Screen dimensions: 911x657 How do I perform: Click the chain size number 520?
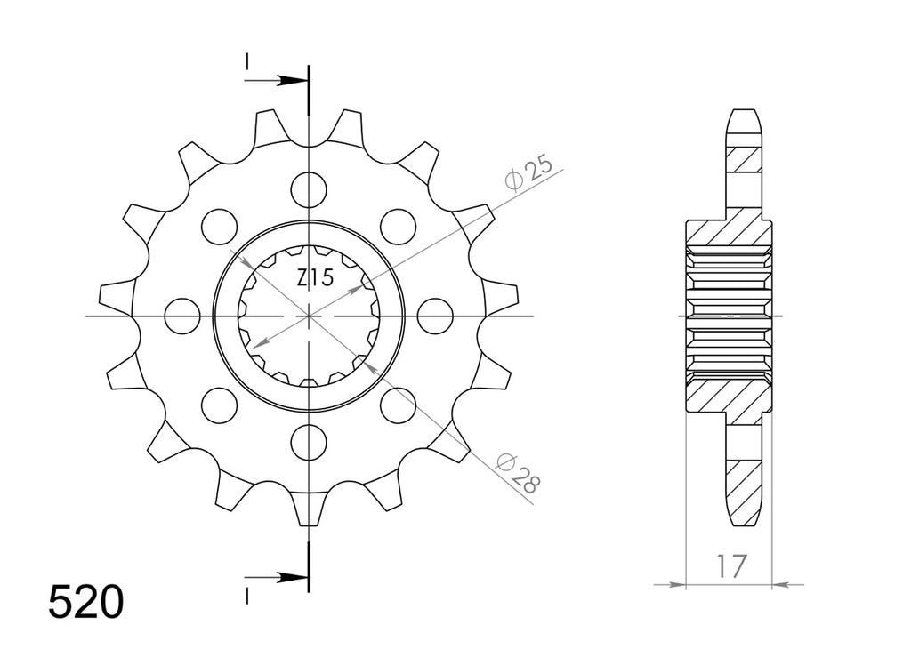(86, 602)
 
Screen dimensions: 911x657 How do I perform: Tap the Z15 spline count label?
(316, 278)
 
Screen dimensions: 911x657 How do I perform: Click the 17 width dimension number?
(730, 566)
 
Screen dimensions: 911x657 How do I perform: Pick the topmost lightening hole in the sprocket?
(309, 189)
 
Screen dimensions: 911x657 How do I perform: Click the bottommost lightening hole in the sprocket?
(309, 443)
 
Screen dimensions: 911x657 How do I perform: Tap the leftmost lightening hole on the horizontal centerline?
(182, 316)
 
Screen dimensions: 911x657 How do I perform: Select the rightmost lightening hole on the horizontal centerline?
(435, 316)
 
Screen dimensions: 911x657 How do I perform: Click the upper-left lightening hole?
(220, 227)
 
